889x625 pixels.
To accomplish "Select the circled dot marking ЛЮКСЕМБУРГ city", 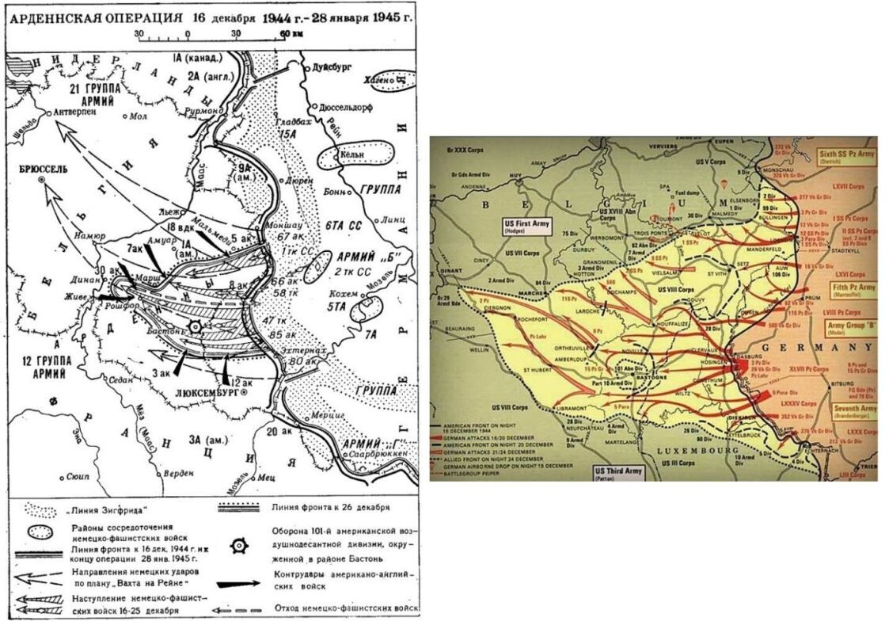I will pos(245,392).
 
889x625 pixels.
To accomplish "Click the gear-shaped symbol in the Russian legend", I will pos(237,546).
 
